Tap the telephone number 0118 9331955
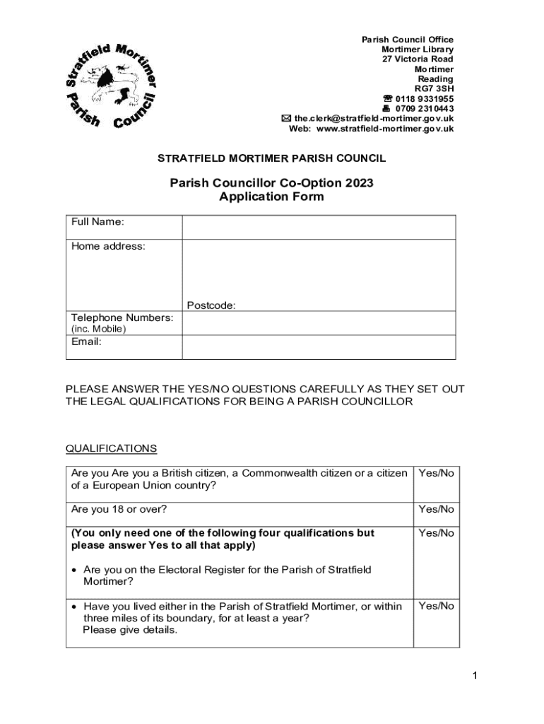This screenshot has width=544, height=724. [424, 99]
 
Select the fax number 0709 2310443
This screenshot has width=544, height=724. [424, 109]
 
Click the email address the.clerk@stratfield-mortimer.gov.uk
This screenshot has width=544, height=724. [374, 119]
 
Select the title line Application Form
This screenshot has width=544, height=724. [271, 197]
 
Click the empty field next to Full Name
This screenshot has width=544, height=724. [319, 228]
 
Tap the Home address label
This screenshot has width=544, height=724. [108, 247]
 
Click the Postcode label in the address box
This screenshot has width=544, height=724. [211, 305]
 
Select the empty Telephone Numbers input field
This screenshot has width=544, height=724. [319, 323]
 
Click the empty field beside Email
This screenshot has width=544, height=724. [319, 347]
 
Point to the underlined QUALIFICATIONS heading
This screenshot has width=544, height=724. [111, 449]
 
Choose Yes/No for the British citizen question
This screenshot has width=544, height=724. [436, 473]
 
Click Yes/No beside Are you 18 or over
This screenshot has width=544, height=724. [436, 509]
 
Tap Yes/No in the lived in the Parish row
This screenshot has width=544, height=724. [436, 606]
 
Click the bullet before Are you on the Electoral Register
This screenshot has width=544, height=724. [74, 570]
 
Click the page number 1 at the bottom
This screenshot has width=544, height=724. [475, 677]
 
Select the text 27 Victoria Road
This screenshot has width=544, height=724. [418, 59]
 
